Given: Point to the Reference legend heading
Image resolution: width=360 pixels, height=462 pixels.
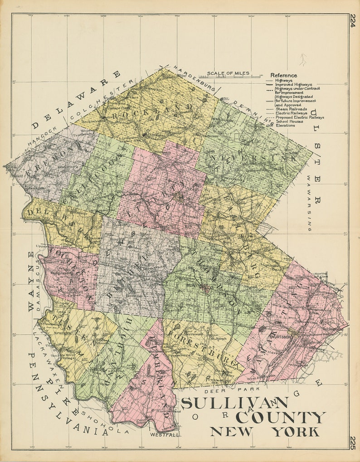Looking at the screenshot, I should coord(284,75).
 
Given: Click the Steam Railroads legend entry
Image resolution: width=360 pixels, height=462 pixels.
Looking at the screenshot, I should coord(291,109).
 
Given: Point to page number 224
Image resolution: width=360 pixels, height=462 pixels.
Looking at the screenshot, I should coord(353,21).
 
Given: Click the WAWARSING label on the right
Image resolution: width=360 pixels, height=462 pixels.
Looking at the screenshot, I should coord(309,204).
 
